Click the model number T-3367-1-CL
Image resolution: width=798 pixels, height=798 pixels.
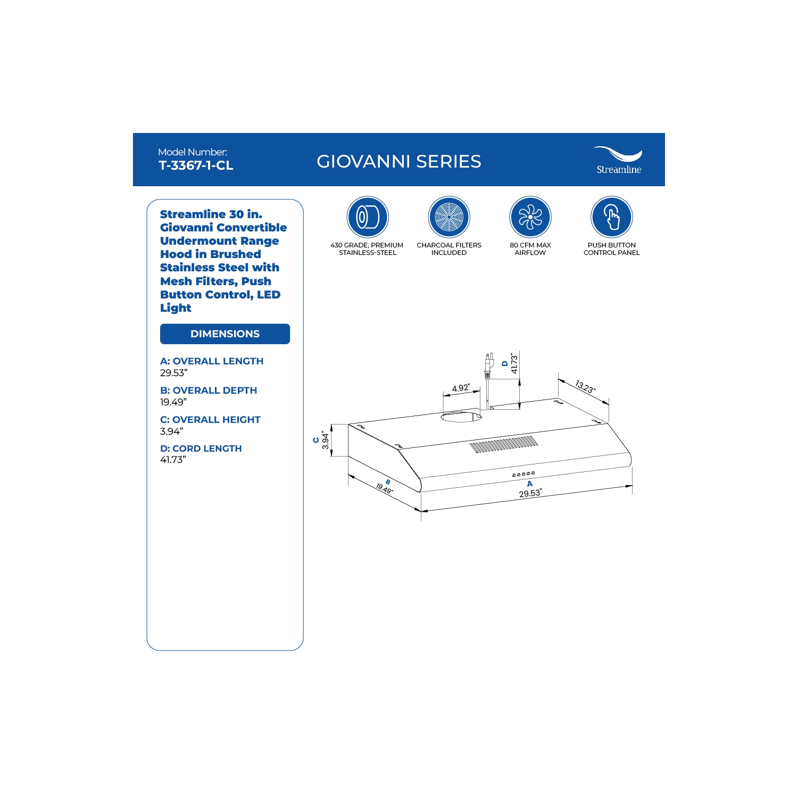click(x=196, y=165)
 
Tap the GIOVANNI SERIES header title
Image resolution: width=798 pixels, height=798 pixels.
click(x=399, y=161)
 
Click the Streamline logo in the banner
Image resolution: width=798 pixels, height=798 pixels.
click(x=618, y=160)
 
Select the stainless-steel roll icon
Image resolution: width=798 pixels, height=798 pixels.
click(x=368, y=217)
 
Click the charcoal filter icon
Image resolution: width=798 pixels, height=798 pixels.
click(x=449, y=217)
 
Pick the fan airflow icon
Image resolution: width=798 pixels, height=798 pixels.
click(x=530, y=217)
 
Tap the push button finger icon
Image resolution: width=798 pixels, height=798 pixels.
click(x=612, y=217)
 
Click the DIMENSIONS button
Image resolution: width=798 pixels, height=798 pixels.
click(x=225, y=334)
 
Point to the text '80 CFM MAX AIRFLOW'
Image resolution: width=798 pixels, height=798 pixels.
click(x=530, y=249)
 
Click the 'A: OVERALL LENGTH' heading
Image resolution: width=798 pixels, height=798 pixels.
click(x=212, y=361)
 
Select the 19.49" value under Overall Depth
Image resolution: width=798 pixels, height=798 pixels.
click(x=173, y=402)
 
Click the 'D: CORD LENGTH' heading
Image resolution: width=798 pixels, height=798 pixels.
click(x=201, y=448)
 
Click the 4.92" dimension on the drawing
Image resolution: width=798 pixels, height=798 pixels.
click(x=461, y=388)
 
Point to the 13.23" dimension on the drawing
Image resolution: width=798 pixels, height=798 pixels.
click(x=585, y=387)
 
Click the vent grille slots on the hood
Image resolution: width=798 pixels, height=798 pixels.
click(x=503, y=444)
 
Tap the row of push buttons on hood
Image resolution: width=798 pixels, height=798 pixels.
click(x=523, y=474)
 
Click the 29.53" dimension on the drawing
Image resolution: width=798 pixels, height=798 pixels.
click(x=530, y=493)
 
